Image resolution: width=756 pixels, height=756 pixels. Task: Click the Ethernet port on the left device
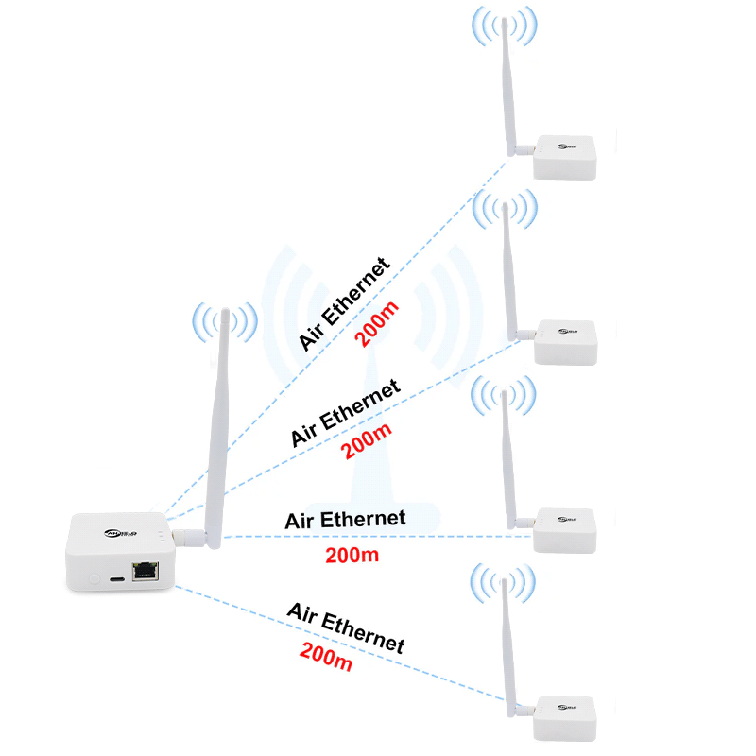[145, 570]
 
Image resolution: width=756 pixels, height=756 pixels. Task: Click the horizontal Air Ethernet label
[345, 519]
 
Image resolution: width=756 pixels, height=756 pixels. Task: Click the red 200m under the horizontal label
[352, 556]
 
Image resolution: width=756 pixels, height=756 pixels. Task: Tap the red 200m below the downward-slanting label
[326, 656]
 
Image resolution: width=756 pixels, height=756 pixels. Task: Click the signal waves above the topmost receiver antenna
[504, 27]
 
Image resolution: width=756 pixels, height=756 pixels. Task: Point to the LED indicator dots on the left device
[163, 539]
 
